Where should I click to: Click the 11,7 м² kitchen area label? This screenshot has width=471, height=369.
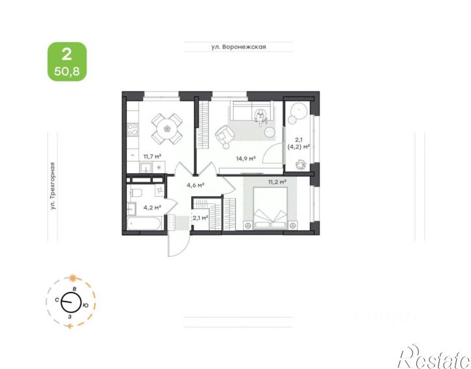[152, 156]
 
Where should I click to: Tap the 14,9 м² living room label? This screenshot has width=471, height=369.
[246, 158]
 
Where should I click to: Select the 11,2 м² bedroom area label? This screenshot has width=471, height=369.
[277, 182]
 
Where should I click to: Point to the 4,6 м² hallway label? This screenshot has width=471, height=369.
[196, 185]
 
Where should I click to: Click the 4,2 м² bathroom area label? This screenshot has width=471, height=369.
[152, 207]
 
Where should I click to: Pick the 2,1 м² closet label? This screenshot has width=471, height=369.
[201, 218]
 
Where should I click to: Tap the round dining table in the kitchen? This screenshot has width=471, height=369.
[167, 129]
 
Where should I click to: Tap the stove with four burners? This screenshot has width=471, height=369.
[133, 130]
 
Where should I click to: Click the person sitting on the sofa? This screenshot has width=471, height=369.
[261, 116]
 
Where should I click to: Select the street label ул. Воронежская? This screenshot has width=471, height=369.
[238, 47]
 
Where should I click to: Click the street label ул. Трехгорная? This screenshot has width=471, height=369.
[53, 186]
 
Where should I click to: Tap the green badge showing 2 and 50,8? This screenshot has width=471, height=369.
[68, 62]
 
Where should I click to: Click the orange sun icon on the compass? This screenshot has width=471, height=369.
[72, 278]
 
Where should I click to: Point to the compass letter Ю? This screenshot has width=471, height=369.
[86, 305]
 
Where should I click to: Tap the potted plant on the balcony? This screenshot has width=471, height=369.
[300, 165]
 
